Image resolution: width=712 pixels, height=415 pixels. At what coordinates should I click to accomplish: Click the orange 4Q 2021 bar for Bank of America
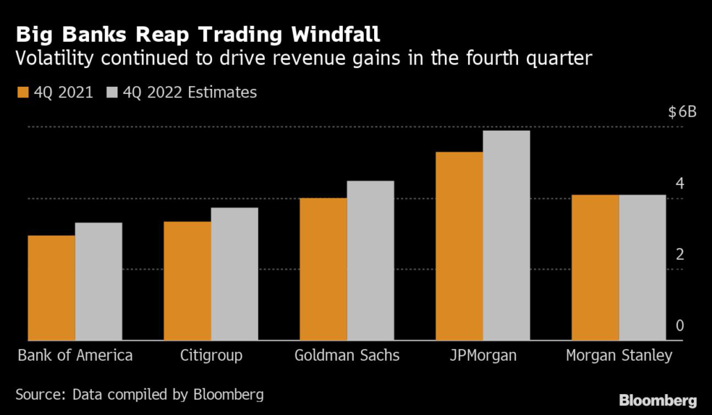point(51,288)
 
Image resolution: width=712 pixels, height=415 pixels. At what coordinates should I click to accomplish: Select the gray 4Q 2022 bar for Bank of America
point(99,282)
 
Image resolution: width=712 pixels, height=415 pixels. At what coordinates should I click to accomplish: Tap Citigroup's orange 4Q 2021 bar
point(188,281)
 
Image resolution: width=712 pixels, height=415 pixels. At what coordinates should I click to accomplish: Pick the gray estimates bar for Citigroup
point(234,274)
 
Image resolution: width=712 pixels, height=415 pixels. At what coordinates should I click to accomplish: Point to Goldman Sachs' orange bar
point(323,269)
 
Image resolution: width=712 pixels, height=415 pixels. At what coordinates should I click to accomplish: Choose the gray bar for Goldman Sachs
point(371,261)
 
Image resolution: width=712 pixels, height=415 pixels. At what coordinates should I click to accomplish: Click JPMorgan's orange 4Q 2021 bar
point(460,246)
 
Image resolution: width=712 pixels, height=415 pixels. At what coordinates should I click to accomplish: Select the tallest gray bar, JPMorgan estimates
point(507,236)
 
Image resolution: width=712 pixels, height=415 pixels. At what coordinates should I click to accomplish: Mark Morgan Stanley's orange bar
point(595,268)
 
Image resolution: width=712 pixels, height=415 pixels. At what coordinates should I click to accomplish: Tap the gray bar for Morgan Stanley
point(642,268)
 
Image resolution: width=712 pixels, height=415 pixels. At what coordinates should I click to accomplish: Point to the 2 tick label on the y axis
point(680,255)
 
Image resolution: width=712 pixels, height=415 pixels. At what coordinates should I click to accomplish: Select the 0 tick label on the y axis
point(680,326)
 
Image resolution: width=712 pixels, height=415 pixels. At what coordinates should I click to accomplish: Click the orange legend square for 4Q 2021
point(22,92)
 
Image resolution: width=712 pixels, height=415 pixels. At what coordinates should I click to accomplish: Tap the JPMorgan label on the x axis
point(483,356)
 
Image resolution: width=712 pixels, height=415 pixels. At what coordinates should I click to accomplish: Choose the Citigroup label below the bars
point(211,356)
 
